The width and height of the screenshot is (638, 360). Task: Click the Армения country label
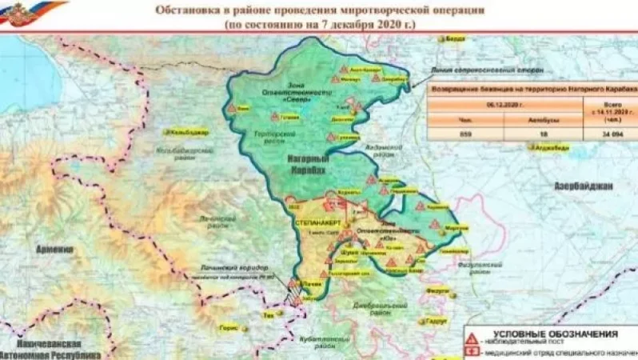pos(54,250)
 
